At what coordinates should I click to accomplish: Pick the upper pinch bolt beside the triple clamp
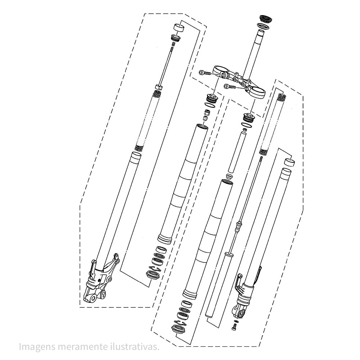[205, 73]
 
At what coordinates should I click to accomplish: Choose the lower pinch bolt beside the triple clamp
[230, 86]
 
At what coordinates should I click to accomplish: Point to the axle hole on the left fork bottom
[94, 299]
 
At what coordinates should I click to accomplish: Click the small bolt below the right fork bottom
[234, 326]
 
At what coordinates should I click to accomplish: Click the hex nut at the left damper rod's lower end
[159, 87]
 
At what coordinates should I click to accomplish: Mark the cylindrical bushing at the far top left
[179, 28]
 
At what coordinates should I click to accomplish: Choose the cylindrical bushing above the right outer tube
[289, 162]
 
